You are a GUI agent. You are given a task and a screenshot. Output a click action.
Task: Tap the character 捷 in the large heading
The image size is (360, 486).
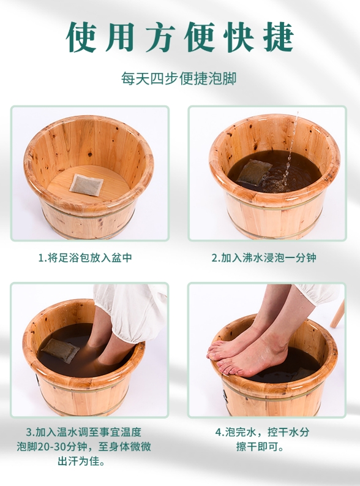coord(279,37)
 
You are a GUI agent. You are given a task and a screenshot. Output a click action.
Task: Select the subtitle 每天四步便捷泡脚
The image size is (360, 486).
coord(179,78)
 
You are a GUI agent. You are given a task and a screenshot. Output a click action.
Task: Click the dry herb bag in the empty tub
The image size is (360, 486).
coord(86,184)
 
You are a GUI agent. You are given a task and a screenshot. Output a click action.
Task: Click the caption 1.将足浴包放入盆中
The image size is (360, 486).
coord(85,257)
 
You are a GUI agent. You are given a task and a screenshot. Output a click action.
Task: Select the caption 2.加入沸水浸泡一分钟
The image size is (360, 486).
coord(264,257)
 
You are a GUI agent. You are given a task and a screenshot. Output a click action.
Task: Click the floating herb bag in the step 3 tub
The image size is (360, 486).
coord(61,350)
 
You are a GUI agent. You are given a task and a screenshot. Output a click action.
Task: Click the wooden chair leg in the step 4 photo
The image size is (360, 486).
coord(337,314)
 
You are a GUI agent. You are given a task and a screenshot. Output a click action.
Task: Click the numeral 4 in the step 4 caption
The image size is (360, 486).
coord(218,432)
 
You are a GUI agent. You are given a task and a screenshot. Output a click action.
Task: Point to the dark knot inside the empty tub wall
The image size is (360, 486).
coord(90,154)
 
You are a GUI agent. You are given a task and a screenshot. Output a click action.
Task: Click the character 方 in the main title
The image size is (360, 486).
coord(160,37)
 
